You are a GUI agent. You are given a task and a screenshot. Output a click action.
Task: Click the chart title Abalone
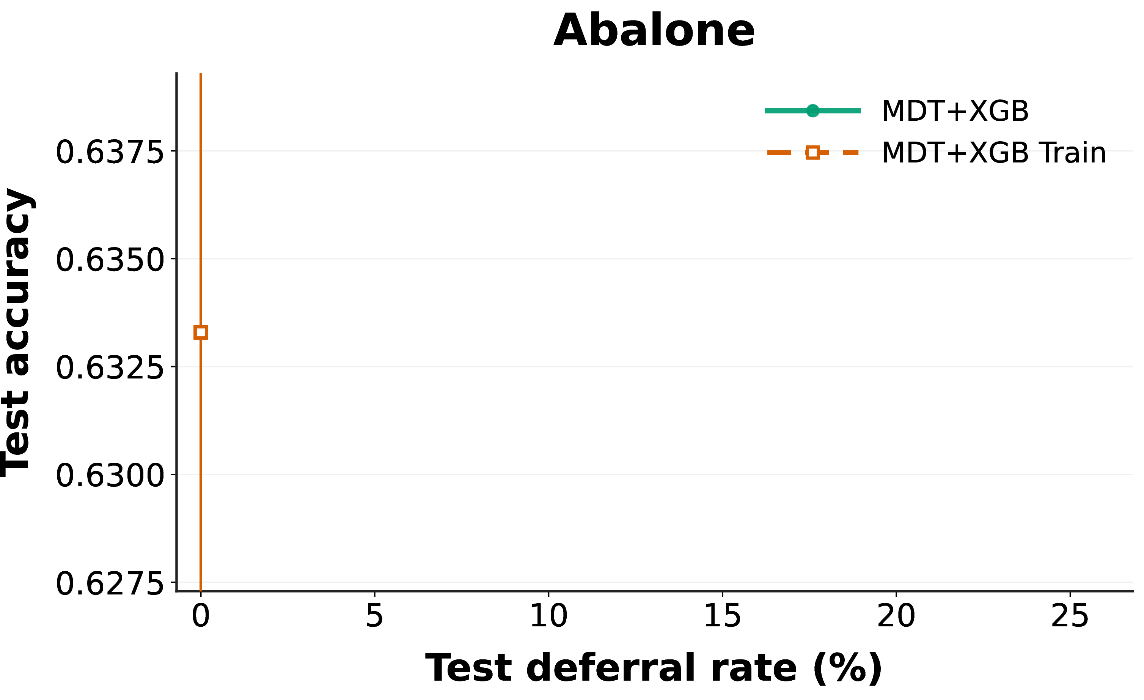pos(654,31)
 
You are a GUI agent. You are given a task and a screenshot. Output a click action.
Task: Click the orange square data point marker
pos(201,332)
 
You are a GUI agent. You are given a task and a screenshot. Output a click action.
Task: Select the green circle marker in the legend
pos(812,110)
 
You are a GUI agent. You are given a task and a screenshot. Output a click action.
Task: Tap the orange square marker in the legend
pos(812,152)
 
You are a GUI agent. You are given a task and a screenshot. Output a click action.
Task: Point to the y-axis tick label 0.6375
pos(110,152)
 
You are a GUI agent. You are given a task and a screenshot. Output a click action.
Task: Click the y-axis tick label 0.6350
pos(110,260)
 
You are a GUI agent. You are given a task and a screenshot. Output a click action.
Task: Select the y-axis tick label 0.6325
pos(110,368)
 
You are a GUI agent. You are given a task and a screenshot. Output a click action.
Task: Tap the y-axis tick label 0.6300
pos(110,476)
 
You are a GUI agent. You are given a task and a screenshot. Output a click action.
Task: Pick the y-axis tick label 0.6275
pos(110,583)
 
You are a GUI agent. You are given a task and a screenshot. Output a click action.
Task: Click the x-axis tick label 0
pos(201,616)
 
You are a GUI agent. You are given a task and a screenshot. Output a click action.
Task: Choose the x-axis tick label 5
pos(374,616)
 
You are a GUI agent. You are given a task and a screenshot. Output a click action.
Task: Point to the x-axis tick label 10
pos(548,616)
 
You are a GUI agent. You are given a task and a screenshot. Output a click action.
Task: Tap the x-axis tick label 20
pos(896,616)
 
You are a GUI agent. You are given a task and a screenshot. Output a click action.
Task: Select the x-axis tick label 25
pos(1070,616)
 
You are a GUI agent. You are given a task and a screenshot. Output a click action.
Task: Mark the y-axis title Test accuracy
pos(17,333)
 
